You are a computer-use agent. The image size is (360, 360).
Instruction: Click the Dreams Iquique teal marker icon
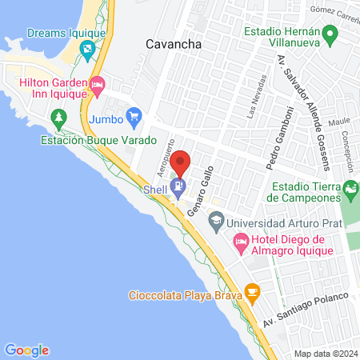coord(87,48)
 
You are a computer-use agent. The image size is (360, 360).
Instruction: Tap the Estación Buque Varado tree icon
coord(58,118)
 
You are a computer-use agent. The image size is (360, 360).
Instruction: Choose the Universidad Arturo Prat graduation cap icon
coord(216,220)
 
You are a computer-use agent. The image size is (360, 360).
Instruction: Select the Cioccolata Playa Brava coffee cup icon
coord(252,291)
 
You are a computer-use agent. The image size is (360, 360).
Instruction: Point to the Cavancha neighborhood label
coord(173,45)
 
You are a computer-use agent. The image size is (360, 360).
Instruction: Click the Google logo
coord(26,350)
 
